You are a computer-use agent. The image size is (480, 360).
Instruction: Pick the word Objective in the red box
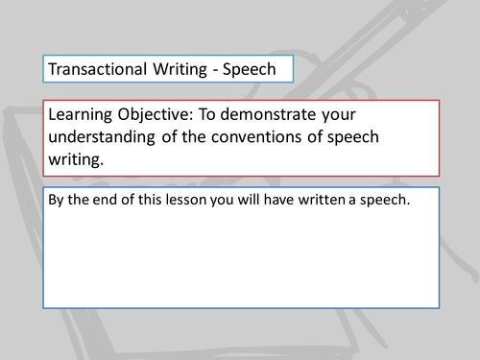pos(159,115)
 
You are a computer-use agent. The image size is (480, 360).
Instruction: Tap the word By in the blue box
pos(57,204)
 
